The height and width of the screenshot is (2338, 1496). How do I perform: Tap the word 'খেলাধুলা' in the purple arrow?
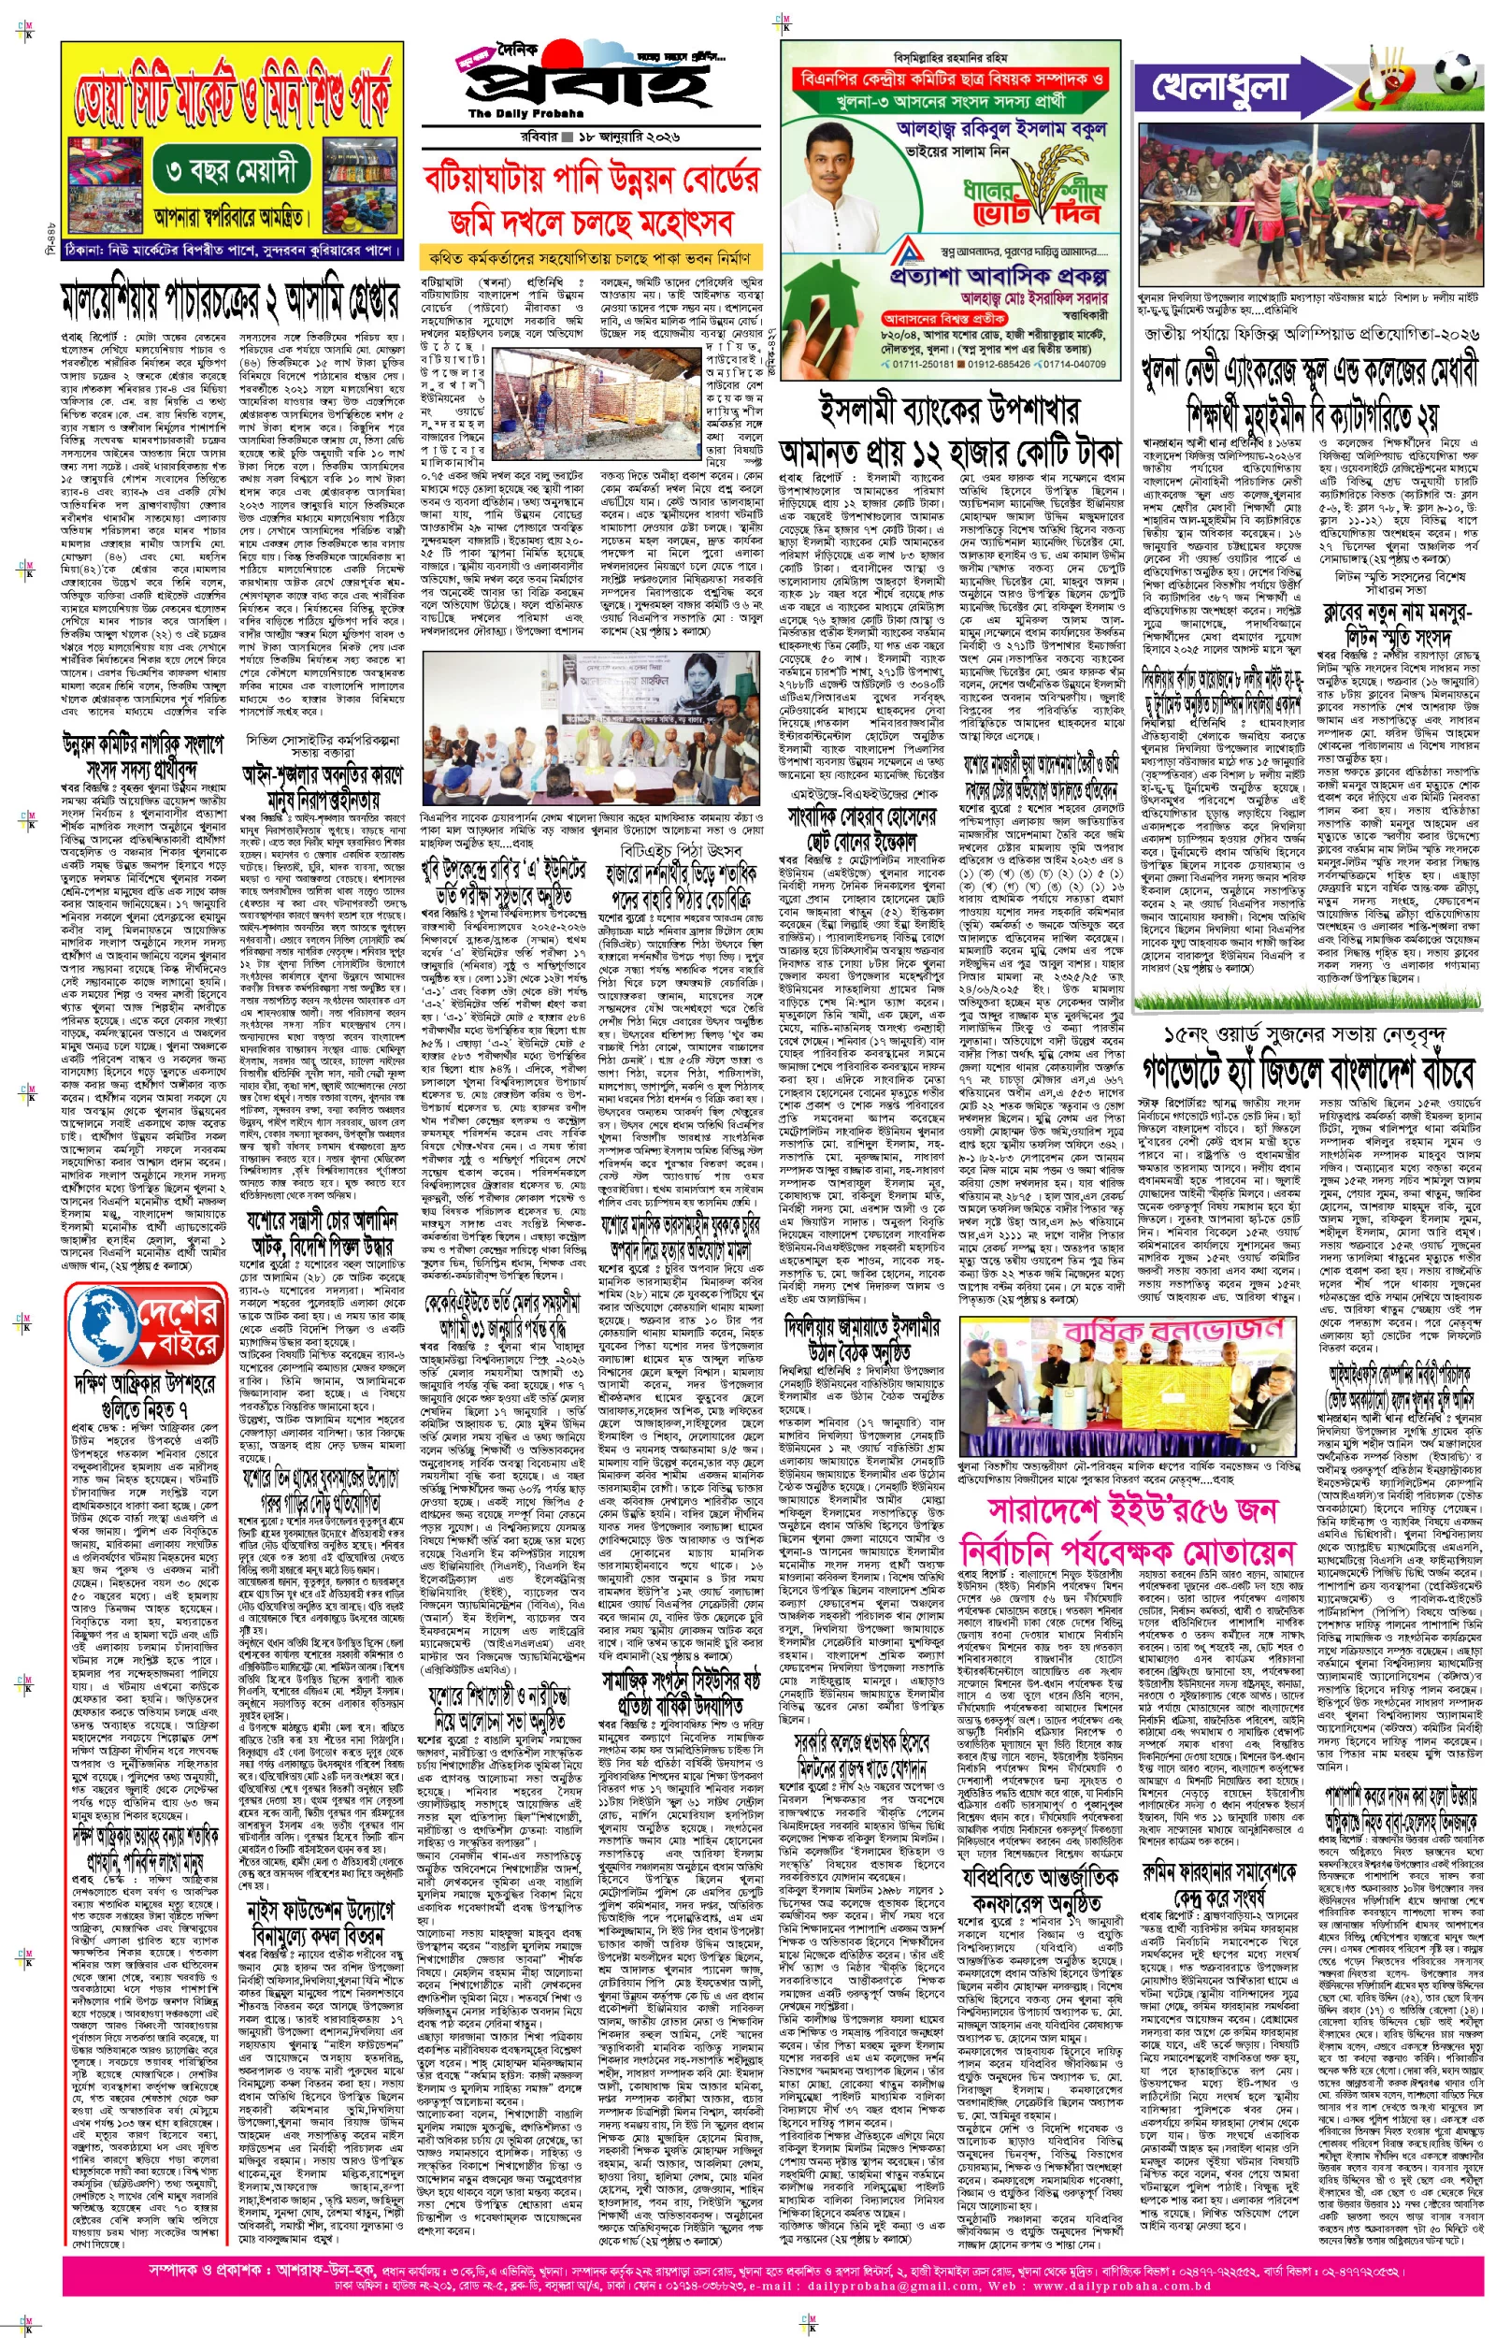1220,86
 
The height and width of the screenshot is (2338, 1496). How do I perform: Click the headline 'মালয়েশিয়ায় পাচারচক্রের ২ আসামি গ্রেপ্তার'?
230,302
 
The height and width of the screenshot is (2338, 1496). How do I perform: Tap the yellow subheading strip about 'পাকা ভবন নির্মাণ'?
590,258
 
